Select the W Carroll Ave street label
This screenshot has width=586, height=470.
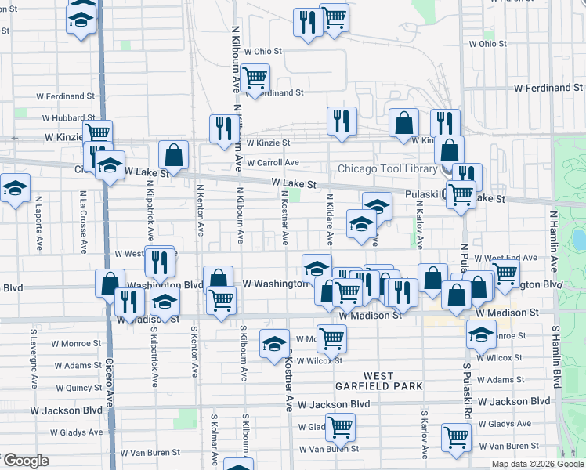(x=273, y=163)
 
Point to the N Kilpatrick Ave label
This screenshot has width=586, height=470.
(x=150, y=212)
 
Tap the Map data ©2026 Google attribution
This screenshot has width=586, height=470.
(x=537, y=464)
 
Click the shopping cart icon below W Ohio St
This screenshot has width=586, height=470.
(x=255, y=78)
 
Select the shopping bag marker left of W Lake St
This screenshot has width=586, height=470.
(x=173, y=155)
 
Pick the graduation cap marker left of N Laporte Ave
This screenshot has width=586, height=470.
(x=15, y=189)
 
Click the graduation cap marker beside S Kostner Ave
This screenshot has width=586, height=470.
(x=273, y=343)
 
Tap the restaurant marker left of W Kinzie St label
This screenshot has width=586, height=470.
(x=224, y=128)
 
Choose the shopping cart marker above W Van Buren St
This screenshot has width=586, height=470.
(x=340, y=427)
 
